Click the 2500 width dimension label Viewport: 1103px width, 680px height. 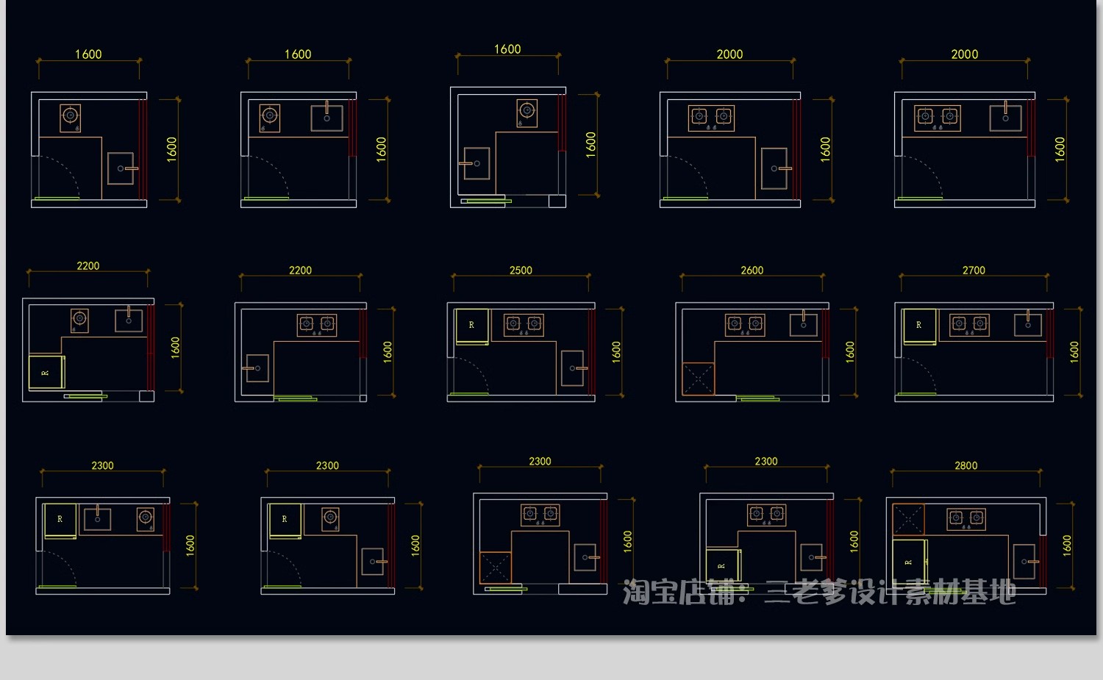[x=521, y=271]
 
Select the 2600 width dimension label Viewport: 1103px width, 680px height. [x=752, y=271]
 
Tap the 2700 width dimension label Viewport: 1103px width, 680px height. [x=974, y=271]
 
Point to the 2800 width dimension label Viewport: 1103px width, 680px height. [x=965, y=466]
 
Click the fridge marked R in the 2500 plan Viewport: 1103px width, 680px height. [x=472, y=326]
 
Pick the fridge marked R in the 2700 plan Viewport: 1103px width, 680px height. [x=919, y=326]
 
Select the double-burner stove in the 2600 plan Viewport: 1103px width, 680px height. [x=745, y=325]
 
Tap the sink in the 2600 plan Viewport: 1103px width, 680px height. [x=803, y=324]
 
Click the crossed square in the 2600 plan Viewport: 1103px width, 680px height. [x=699, y=379]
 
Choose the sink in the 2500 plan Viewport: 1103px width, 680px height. [x=573, y=368]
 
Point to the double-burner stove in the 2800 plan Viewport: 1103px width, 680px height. [x=966, y=519]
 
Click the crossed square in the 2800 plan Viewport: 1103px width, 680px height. [x=908, y=519]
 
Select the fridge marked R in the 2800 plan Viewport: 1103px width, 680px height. [x=910, y=562]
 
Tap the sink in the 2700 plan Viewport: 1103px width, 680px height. [x=1028, y=324]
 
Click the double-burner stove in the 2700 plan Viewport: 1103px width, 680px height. [x=970, y=325]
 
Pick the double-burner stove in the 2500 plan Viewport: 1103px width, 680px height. [x=524, y=325]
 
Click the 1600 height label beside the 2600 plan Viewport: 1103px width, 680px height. [x=850, y=352]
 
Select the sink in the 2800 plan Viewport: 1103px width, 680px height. [x=1025, y=562]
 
